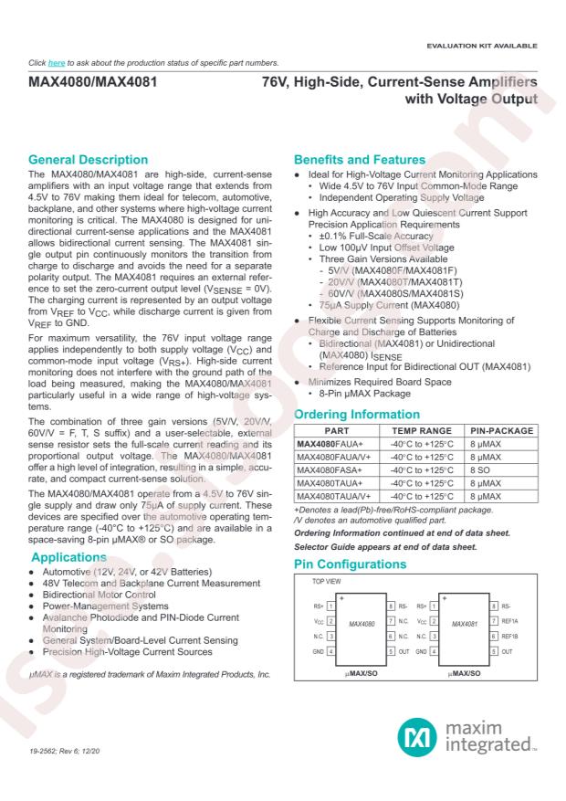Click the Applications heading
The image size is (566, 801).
point(75,555)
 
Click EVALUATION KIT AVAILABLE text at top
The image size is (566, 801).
point(487,46)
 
